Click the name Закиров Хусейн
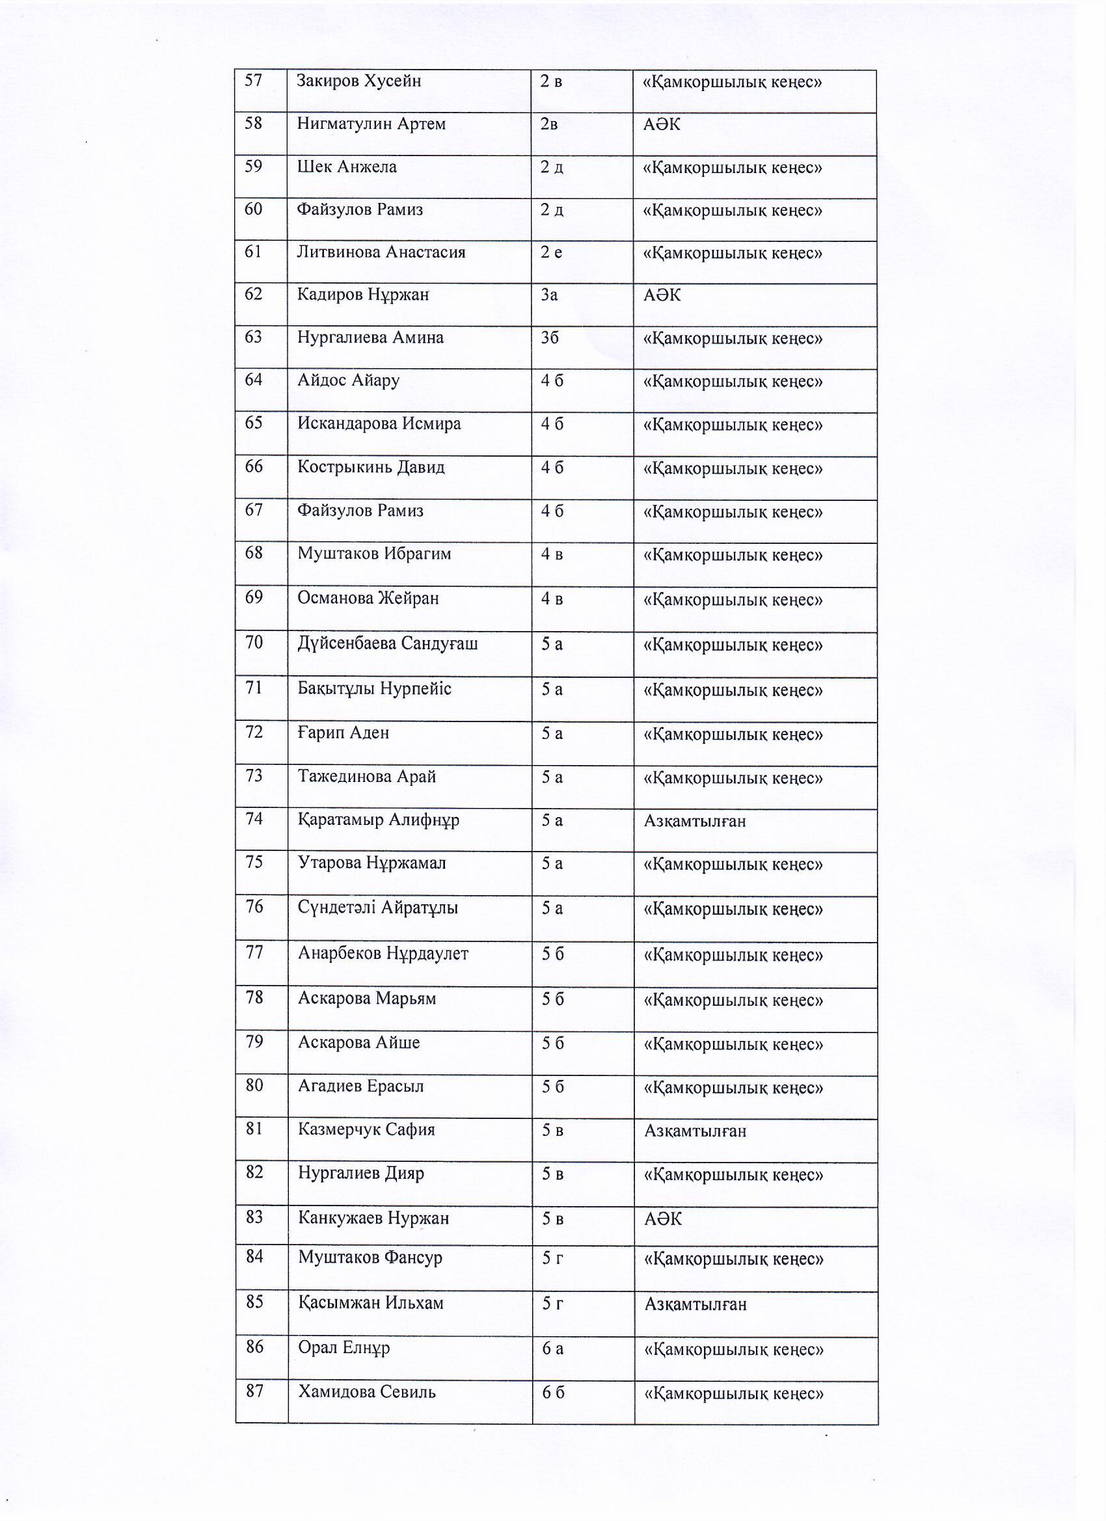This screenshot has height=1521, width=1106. tap(359, 81)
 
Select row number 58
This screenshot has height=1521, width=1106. tap(253, 124)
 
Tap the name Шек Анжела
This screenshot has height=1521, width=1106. tap(347, 167)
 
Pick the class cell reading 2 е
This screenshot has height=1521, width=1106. tap(551, 252)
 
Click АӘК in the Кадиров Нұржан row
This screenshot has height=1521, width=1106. tap(662, 295)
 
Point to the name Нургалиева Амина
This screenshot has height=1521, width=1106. tap(370, 338)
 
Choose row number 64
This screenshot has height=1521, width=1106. tap(254, 379)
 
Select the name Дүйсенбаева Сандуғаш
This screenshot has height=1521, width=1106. tap(388, 643)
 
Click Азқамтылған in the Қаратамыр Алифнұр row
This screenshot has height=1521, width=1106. tap(695, 821)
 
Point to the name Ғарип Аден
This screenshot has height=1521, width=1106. tap(344, 733)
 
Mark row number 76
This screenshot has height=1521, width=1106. tap(254, 907)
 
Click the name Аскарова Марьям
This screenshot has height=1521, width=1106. tap(367, 998)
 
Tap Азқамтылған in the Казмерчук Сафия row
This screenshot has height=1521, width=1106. tap(695, 1131)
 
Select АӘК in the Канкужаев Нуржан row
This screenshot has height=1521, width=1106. tap(663, 1218)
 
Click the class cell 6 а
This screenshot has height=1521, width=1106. tap(552, 1347)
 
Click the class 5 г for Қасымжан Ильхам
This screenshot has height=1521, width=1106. tap(552, 1302)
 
